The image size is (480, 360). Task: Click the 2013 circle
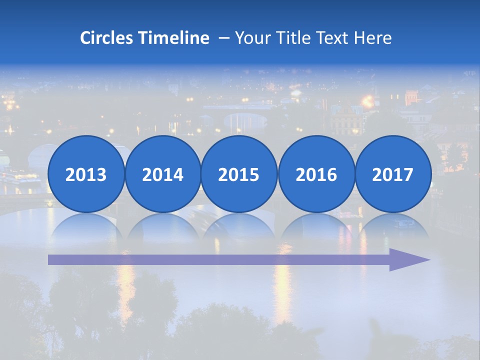point(86,174)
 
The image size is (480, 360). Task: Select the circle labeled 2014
point(162,174)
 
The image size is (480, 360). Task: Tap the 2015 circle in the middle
point(239,174)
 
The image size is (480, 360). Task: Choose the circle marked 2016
point(316,174)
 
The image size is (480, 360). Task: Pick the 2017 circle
point(393,174)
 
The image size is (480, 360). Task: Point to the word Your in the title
point(251,38)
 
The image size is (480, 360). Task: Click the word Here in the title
point(372,38)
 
